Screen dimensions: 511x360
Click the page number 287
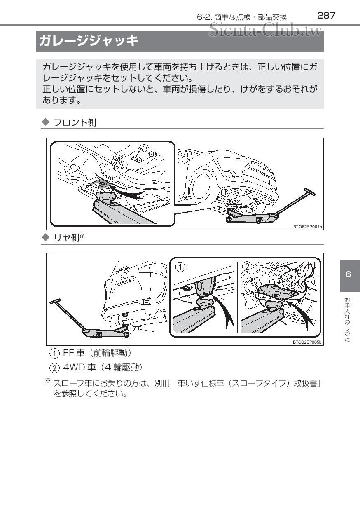(x=326, y=16)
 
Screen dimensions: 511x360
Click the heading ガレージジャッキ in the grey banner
(x=88, y=41)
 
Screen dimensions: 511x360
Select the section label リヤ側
(x=69, y=238)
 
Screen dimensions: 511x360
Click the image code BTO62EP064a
(x=308, y=226)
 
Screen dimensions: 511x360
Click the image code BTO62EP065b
(x=307, y=342)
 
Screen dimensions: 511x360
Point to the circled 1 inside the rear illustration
(x=180, y=267)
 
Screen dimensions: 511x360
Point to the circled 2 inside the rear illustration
(x=247, y=267)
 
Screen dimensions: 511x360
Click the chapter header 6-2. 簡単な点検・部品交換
(x=241, y=17)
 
